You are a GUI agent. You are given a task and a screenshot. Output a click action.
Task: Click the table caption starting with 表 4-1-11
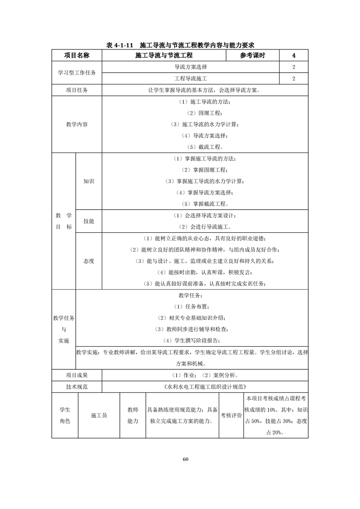point(180,45)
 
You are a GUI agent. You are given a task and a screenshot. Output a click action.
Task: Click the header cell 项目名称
point(77,55)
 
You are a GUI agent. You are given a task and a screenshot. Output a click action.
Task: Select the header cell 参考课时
point(252,55)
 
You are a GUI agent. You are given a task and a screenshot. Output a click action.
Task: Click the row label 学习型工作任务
point(77,73)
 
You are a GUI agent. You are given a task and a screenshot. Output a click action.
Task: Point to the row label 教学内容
point(77,124)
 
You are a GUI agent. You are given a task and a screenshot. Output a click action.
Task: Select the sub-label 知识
point(89,181)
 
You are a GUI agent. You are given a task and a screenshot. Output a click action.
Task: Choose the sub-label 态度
point(89,261)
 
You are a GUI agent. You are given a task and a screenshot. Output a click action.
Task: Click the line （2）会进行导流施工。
point(205,226)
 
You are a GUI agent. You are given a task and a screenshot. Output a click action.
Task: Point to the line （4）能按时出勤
point(205,272)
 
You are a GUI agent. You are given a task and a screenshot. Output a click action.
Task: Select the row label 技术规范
point(77,387)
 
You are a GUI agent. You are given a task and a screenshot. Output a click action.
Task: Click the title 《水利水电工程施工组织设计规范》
point(205,387)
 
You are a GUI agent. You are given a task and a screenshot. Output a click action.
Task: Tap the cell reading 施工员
point(99,415)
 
